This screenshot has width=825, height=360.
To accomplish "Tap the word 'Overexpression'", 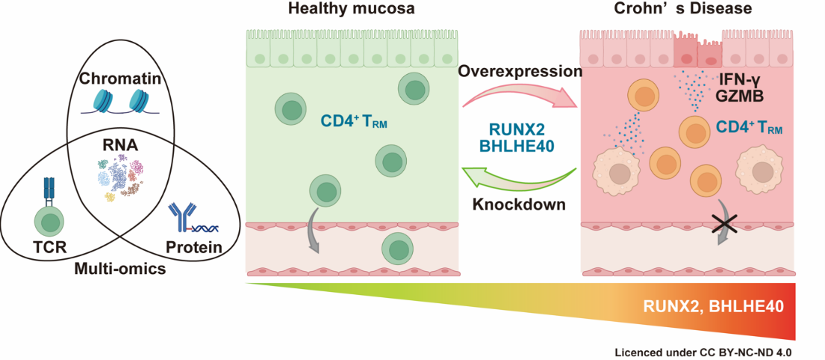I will click(x=520, y=71).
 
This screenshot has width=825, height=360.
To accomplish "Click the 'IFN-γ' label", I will click(x=738, y=77).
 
